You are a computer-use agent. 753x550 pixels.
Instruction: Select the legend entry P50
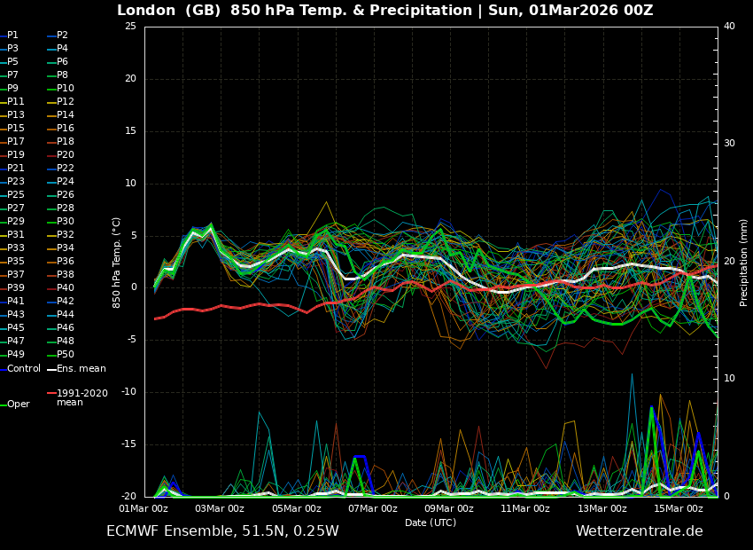point(65,355)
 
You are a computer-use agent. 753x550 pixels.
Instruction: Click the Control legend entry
point(24,368)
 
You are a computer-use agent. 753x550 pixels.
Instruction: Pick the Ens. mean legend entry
point(81,368)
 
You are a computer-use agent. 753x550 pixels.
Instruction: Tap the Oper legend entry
point(18,405)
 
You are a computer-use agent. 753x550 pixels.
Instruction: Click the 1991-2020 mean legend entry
point(82,397)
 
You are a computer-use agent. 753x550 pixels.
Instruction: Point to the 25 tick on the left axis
point(130,27)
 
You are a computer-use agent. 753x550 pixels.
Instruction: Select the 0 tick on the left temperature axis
point(133,287)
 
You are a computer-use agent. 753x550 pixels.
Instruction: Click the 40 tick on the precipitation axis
point(729,27)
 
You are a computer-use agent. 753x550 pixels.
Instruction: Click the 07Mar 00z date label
point(373,509)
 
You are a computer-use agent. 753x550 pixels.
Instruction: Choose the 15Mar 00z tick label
point(679,509)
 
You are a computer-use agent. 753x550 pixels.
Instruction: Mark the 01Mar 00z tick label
point(144,509)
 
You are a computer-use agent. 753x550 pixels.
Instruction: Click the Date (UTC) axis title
point(431,522)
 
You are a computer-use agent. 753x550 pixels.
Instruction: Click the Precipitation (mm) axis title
point(744,262)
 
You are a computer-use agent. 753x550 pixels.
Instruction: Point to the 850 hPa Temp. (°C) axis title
point(117,262)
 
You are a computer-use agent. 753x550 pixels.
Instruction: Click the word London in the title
point(146,11)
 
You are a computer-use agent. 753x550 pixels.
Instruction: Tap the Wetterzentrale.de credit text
point(639,531)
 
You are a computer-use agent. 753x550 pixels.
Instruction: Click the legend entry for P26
point(65,195)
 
